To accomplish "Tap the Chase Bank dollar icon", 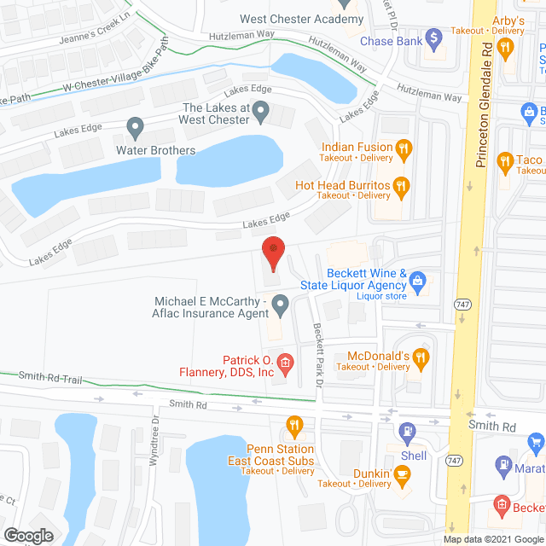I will [433, 38].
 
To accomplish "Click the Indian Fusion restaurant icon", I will [404, 149].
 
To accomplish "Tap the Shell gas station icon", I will [409, 433].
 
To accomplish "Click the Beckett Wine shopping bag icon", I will [417, 279].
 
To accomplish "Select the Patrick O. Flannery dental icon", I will [286, 364].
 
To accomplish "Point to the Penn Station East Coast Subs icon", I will [294, 423].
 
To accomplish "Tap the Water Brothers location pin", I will [134, 129].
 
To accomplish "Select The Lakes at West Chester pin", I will [263, 110].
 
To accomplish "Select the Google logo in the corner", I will [28, 535].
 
